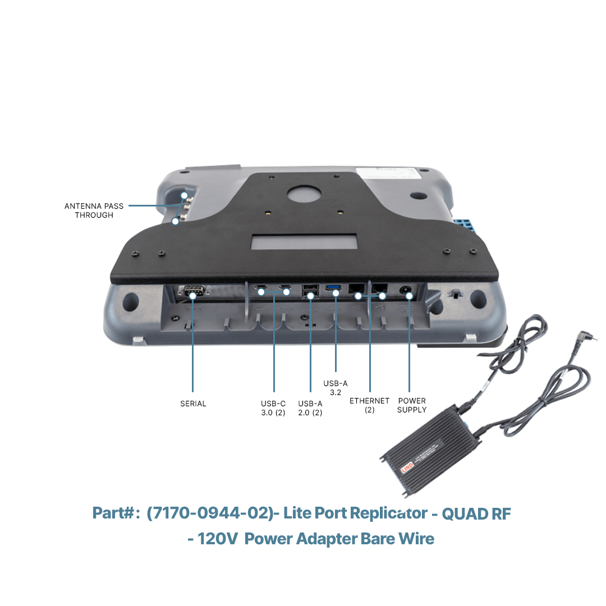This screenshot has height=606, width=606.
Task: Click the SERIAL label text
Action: [193, 403]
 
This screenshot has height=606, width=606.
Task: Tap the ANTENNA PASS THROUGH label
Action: [94, 210]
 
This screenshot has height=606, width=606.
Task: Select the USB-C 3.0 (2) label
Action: [273, 408]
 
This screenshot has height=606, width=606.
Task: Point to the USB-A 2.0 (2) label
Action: [310, 408]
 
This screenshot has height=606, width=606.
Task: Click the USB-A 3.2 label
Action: [336, 388]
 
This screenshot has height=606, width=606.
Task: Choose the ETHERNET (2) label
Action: [369, 406]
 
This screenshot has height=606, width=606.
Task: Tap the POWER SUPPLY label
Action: [412, 406]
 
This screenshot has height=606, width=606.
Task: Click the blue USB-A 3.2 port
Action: [333, 287]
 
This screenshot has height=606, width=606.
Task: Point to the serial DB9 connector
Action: [192, 291]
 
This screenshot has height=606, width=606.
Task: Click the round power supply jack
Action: [406, 290]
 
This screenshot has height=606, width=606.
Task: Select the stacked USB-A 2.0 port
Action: [310, 291]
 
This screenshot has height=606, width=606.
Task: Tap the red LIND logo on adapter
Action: [407, 467]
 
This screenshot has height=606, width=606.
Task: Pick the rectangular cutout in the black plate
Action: [304, 241]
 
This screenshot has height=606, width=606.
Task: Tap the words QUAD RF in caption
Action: [476, 513]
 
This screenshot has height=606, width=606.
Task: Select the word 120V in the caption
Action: [218, 539]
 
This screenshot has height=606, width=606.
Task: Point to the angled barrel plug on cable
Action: [585, 337]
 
